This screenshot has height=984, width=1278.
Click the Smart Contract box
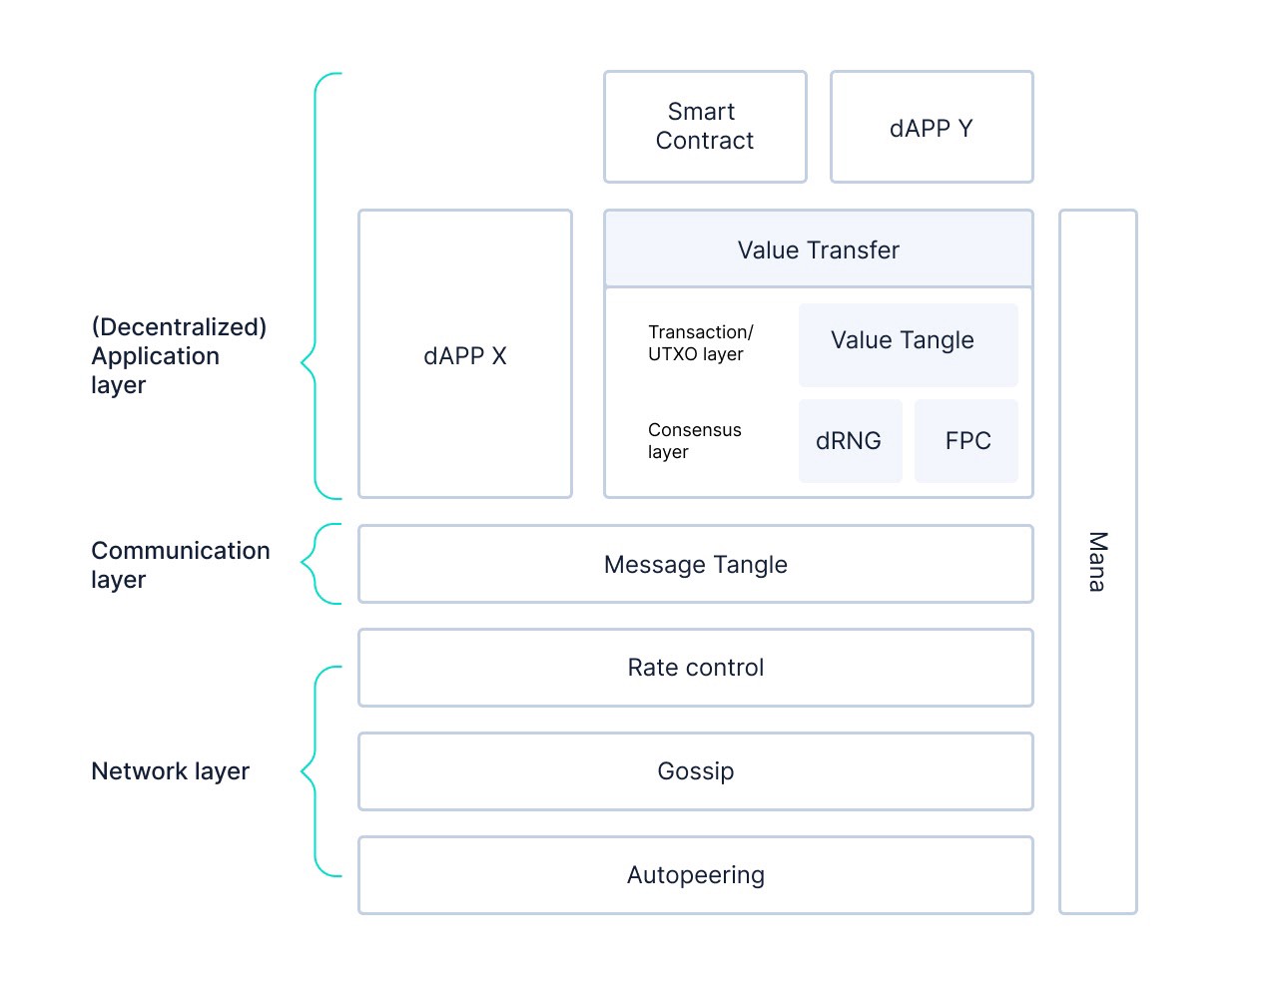[x=705, y=127]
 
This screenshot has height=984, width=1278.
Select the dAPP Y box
[x=932, y=127]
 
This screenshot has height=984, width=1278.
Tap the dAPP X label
[x=464, y=355]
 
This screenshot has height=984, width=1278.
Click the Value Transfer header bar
[x=818, y=248]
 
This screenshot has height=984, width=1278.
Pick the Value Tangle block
[x=908, y=345]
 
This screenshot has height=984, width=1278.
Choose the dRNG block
[x=850, y=441]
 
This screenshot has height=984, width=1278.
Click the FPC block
[x=965, y=441]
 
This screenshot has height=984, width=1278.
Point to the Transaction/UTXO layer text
[x=701, y=342]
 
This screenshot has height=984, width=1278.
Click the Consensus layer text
[x=695, y=440]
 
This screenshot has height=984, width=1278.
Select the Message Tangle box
[x=696, y=564]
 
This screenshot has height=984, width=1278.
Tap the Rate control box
[x=696, y=668]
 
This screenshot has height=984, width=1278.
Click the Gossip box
[x=696, y=771]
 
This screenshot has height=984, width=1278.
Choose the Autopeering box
[x=696, y=874]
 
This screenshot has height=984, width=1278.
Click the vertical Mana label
[x=1098, y=562]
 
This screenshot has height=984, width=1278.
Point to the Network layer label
[x=170, y=771]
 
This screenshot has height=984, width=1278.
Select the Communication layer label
[x=181, y=565]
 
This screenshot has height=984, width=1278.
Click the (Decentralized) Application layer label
[x=179, y=355]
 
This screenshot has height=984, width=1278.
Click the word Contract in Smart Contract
[x=705, y=141]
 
